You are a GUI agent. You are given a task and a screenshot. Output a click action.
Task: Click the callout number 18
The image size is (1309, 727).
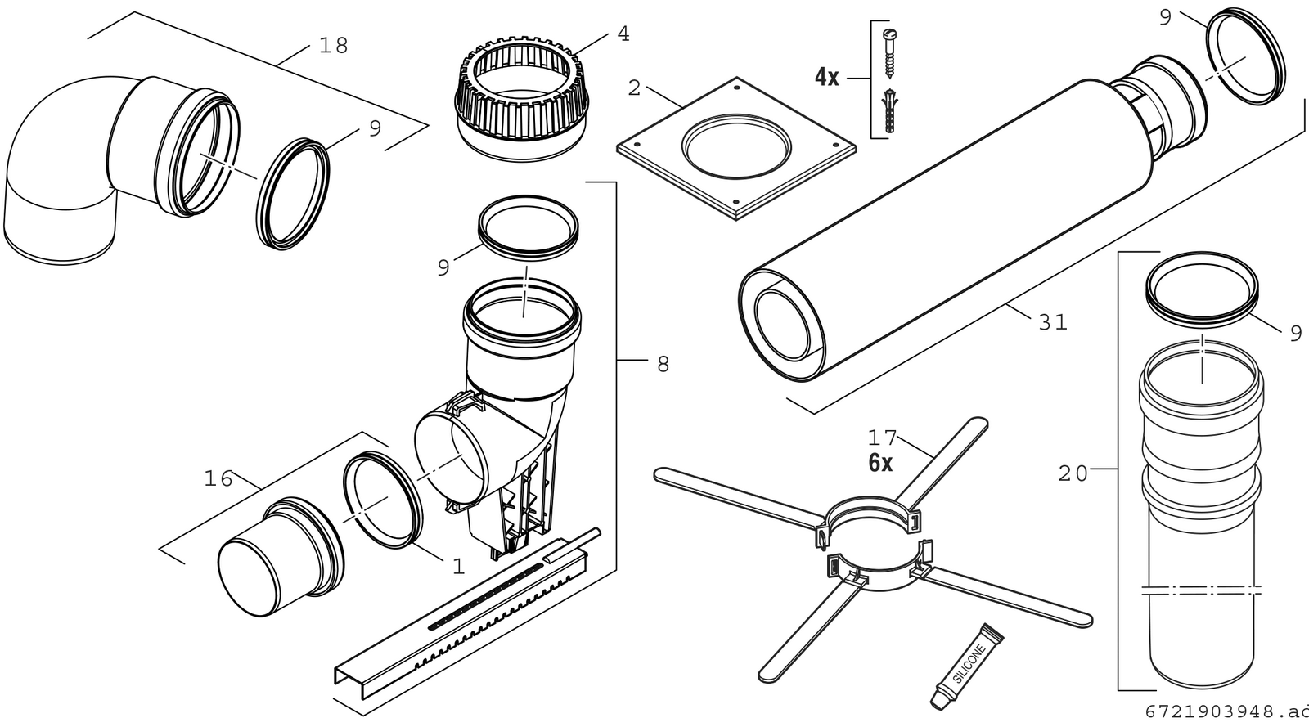click(x=334, y=46)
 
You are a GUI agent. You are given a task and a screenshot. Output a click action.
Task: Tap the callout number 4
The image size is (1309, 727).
click(x=623, y=34)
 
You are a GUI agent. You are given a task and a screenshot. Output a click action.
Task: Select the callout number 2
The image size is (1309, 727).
click(x=635, y=88)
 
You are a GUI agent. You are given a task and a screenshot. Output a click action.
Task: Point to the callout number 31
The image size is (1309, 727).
click(x=1053, y=322)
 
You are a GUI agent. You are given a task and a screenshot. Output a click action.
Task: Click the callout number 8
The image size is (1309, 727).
click(x=663, y=365)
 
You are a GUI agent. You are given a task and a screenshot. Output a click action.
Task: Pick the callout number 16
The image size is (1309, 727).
click(x=218, y=479)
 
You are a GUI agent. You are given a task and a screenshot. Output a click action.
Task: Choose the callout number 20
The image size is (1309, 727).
click(x=1073, y=473)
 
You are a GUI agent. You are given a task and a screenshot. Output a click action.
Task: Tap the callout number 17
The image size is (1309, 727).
click(x=882, y=438)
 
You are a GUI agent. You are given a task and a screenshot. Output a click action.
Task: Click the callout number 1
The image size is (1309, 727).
click(x=459, y=566)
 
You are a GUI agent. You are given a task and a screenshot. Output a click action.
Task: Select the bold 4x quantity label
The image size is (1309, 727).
click(x=827, y=77)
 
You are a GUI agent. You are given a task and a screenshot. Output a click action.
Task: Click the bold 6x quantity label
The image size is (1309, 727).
click(x=880, y=463)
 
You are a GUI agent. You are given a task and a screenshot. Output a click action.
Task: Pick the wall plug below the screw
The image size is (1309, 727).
click(x=891, y=110)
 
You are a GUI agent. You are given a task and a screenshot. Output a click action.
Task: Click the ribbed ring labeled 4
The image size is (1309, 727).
click(x=521, y=99)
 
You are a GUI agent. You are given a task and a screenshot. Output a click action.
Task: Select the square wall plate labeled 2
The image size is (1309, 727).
click(x=736, y=148)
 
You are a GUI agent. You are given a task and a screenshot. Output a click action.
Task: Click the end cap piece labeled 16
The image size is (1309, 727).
click(x=281, y=557)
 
